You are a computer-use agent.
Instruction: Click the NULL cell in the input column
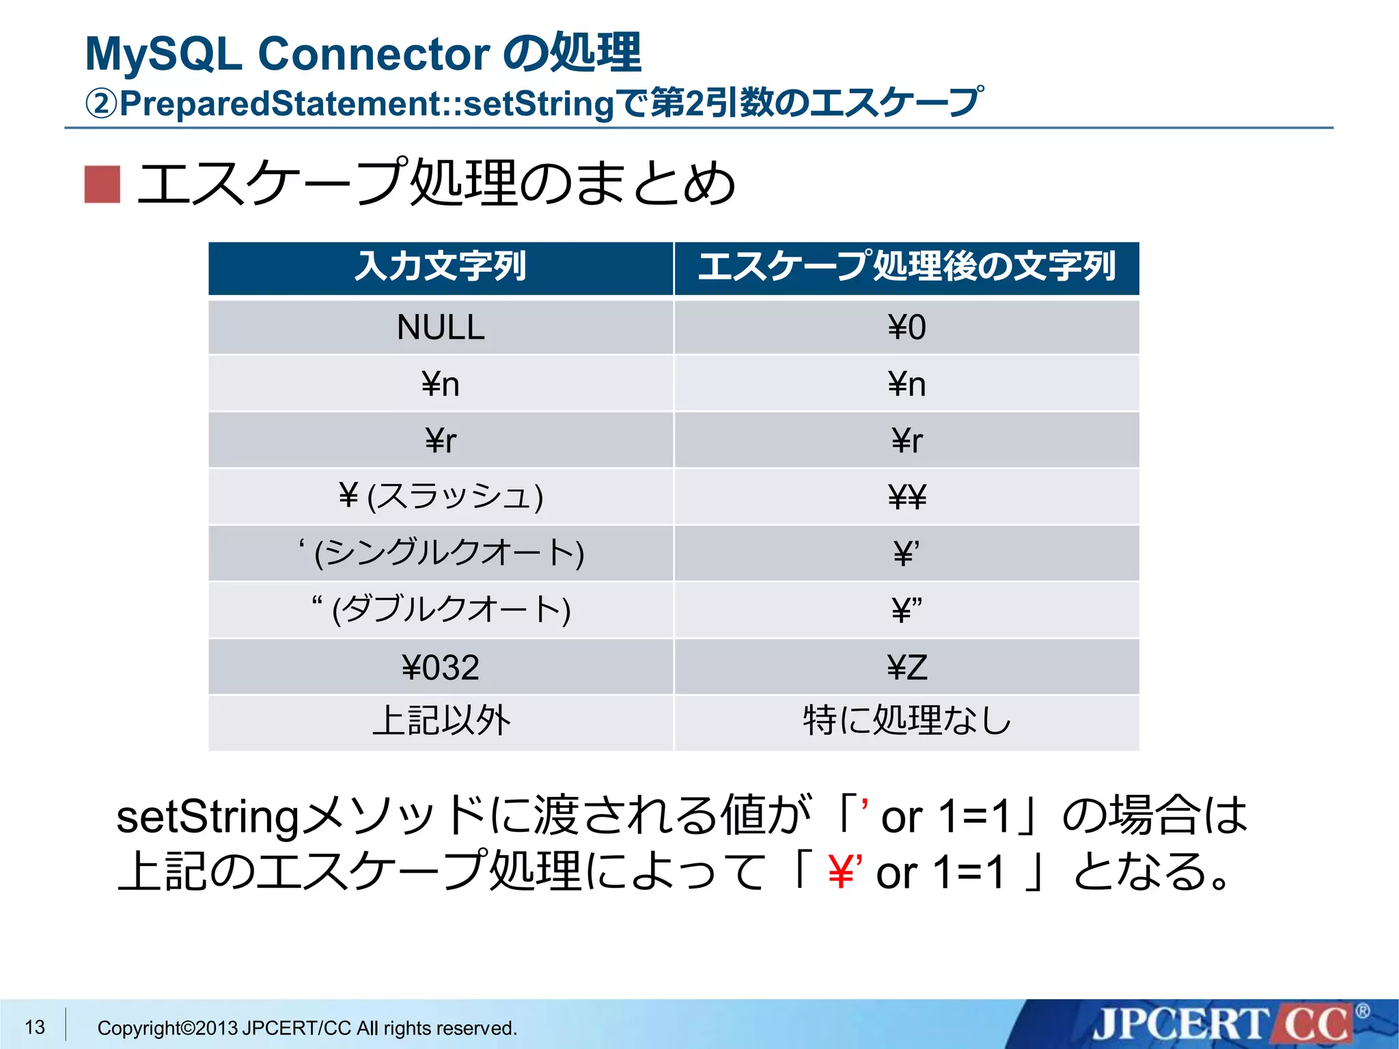click(441, 327)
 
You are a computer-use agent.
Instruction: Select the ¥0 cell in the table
click(906, 327)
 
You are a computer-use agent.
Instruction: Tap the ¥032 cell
click(441, 667)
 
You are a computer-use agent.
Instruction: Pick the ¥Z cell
click(906, 667)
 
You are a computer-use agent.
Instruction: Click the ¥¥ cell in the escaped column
click(906, 496)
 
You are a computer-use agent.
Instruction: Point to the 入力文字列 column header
click(441, 267)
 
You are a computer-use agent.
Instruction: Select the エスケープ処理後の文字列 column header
click(906, 267)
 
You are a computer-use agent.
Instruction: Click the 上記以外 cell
click(441, 721)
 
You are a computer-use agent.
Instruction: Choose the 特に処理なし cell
click(906, 721)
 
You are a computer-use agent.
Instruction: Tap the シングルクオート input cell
click(441, 553)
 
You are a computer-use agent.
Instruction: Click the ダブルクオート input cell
click(441, 609)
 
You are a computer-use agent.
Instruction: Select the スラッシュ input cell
click(441, 496)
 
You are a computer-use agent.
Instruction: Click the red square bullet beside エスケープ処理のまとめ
click(102, 184)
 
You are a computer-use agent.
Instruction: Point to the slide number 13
click(35, 1026)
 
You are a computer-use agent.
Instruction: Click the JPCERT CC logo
click(1223, 1024)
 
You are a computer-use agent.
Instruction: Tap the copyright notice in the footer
click(307, 1028)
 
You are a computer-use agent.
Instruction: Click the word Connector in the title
click(374, 53)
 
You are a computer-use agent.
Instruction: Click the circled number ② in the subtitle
click(101, 104)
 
